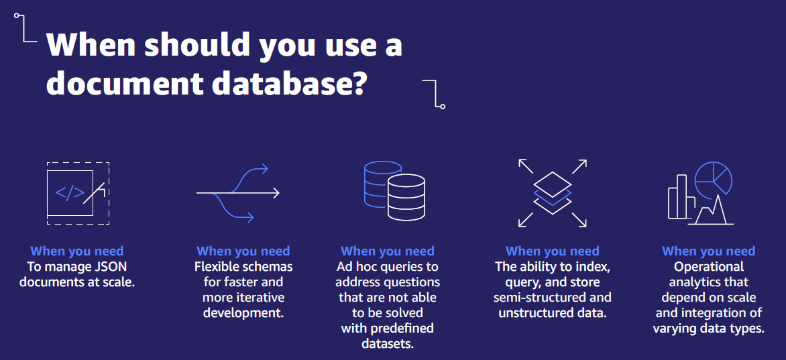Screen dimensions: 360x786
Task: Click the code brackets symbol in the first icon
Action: click(70, 192)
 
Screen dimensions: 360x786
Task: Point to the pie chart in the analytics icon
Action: click(713, 178)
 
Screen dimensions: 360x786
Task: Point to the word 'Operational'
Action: click(709, 267)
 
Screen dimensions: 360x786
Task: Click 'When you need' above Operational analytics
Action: click(708, 251)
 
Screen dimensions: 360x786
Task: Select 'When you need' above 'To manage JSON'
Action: click(77, 251)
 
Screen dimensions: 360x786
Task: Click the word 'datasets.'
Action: click(387, 344)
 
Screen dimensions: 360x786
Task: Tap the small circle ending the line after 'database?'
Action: click(443, 106)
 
